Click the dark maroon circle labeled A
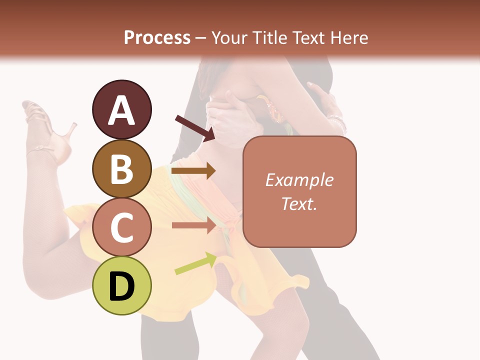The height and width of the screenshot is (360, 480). pyautogui.click(x=121, y=109)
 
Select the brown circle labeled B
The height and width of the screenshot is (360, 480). pyautogui.click(x=121, y=168)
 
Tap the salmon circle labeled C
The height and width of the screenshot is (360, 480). pyautogui.click(x=121, y=227)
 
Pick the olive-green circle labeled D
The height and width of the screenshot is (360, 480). pyautogui.click(x=121, y=285)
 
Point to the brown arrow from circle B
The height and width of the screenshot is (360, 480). pyautogui.click(x=193, y=171)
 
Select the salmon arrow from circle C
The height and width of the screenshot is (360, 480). pyautogui.click(x=193, y=225)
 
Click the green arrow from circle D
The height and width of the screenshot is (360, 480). pyautogui.click(x=195, y=264)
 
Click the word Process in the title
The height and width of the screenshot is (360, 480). pyautogui.click(x=157, y=37)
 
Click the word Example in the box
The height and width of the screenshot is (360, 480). pyautogui.click(x=299, y=180)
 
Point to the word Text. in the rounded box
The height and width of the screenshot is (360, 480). pyautogui.click(x=299, y=203)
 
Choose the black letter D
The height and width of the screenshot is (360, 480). pyautogui.click(x=121, y=286)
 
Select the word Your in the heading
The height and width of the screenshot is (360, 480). pyautogui.click(x=229, y=37)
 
